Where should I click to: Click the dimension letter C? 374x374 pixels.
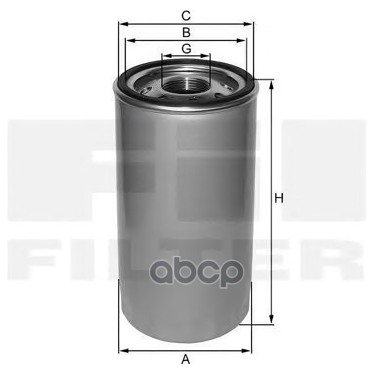click(186, 15)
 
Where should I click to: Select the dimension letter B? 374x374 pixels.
click(186, 33)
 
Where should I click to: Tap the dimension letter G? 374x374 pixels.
click(187, 49)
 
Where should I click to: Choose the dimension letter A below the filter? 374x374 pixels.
click(185, 359)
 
